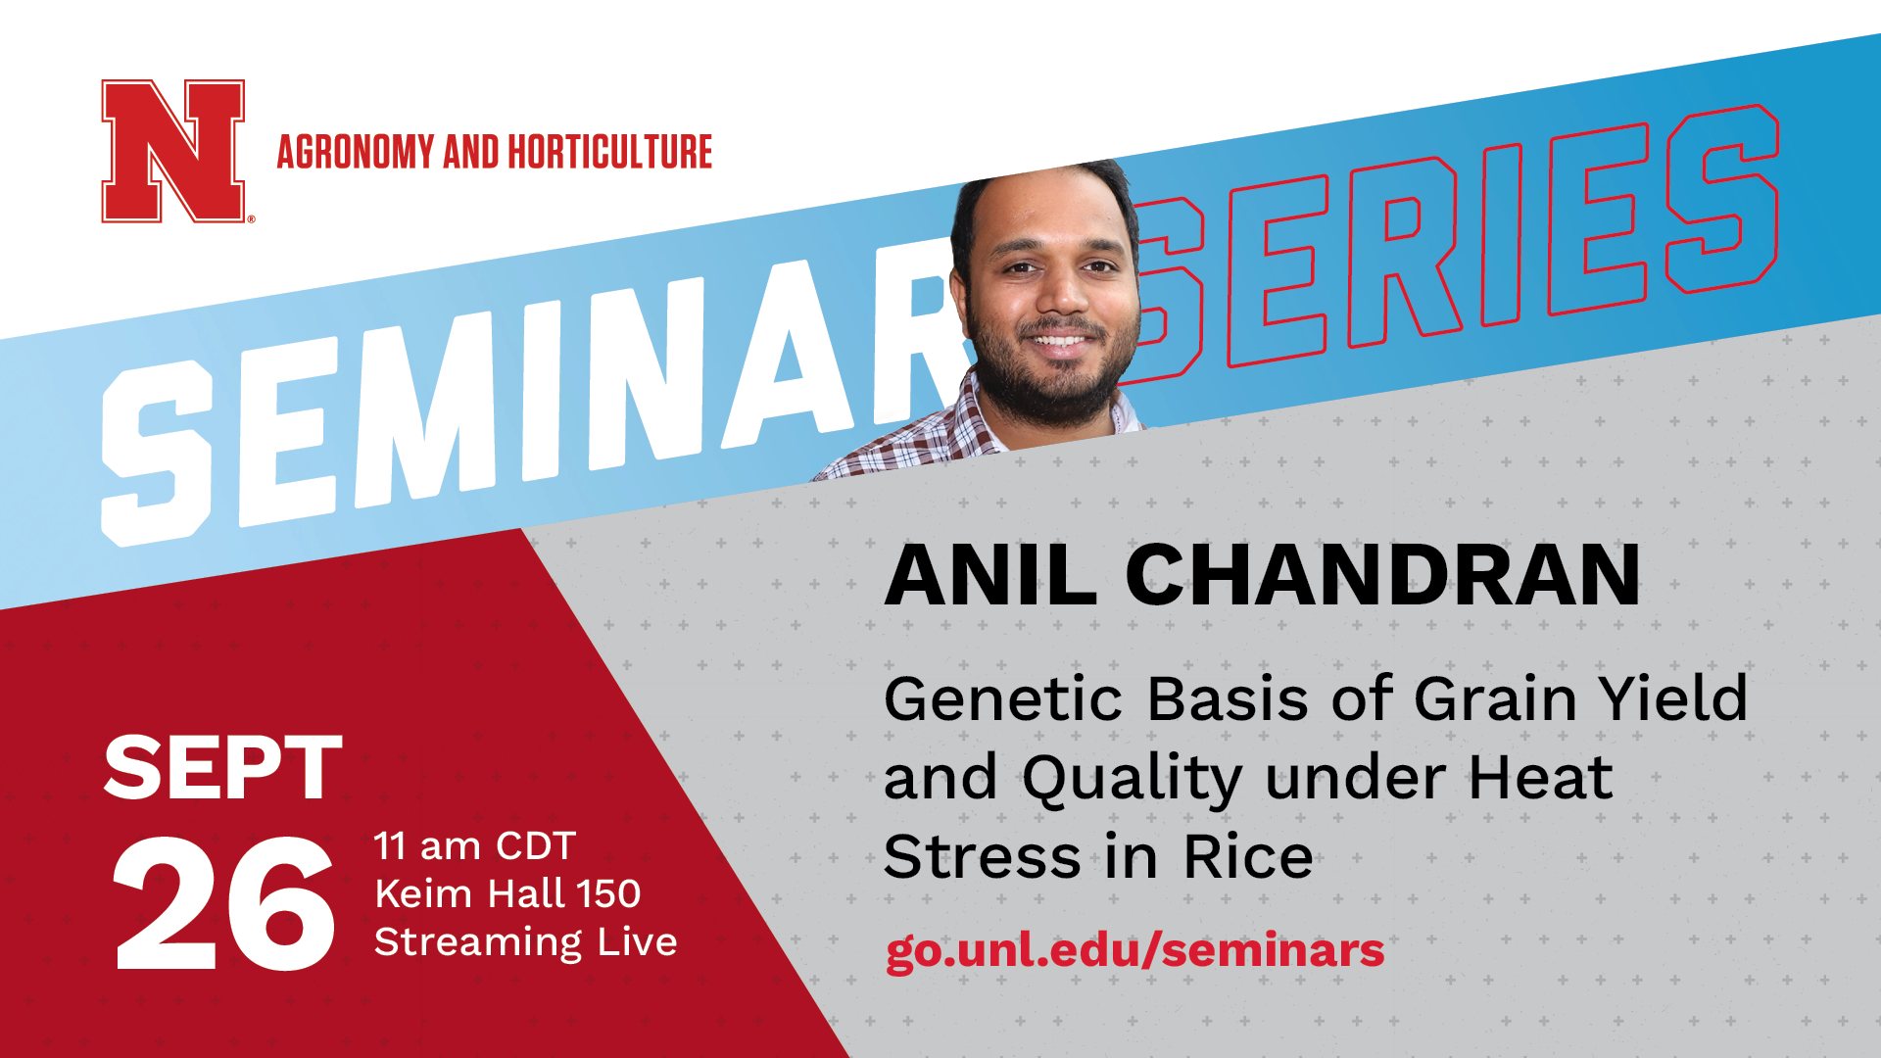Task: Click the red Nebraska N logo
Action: pyautogui.click(x=173, y=151)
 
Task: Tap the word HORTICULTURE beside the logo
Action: pyautogui.click(x=609, y=152)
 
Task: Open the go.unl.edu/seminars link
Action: pyautogui.click(x=1134, y=951)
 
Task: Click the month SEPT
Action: pyautogui.click(x=222, y=768)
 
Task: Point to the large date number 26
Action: pyautogui.click(x=224, y=904)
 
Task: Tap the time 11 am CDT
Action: pyautogui.click(x=474, y=845)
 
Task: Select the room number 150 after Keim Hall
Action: pyautogui.click(x=607, y=893)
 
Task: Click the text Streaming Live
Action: pyautogui.click(x=525, y=942)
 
